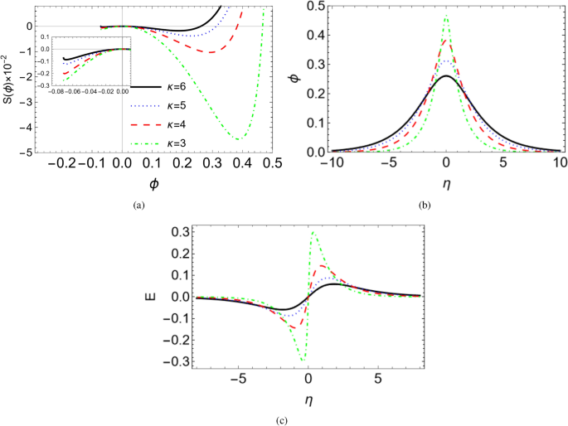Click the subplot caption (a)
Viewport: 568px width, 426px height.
[137, 203]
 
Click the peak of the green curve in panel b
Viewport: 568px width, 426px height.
[446, 15]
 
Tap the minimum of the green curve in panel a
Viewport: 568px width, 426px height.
[240, 139]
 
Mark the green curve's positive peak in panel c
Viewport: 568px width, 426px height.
[313, 232]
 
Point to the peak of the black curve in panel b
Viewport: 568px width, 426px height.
[446, 76]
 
